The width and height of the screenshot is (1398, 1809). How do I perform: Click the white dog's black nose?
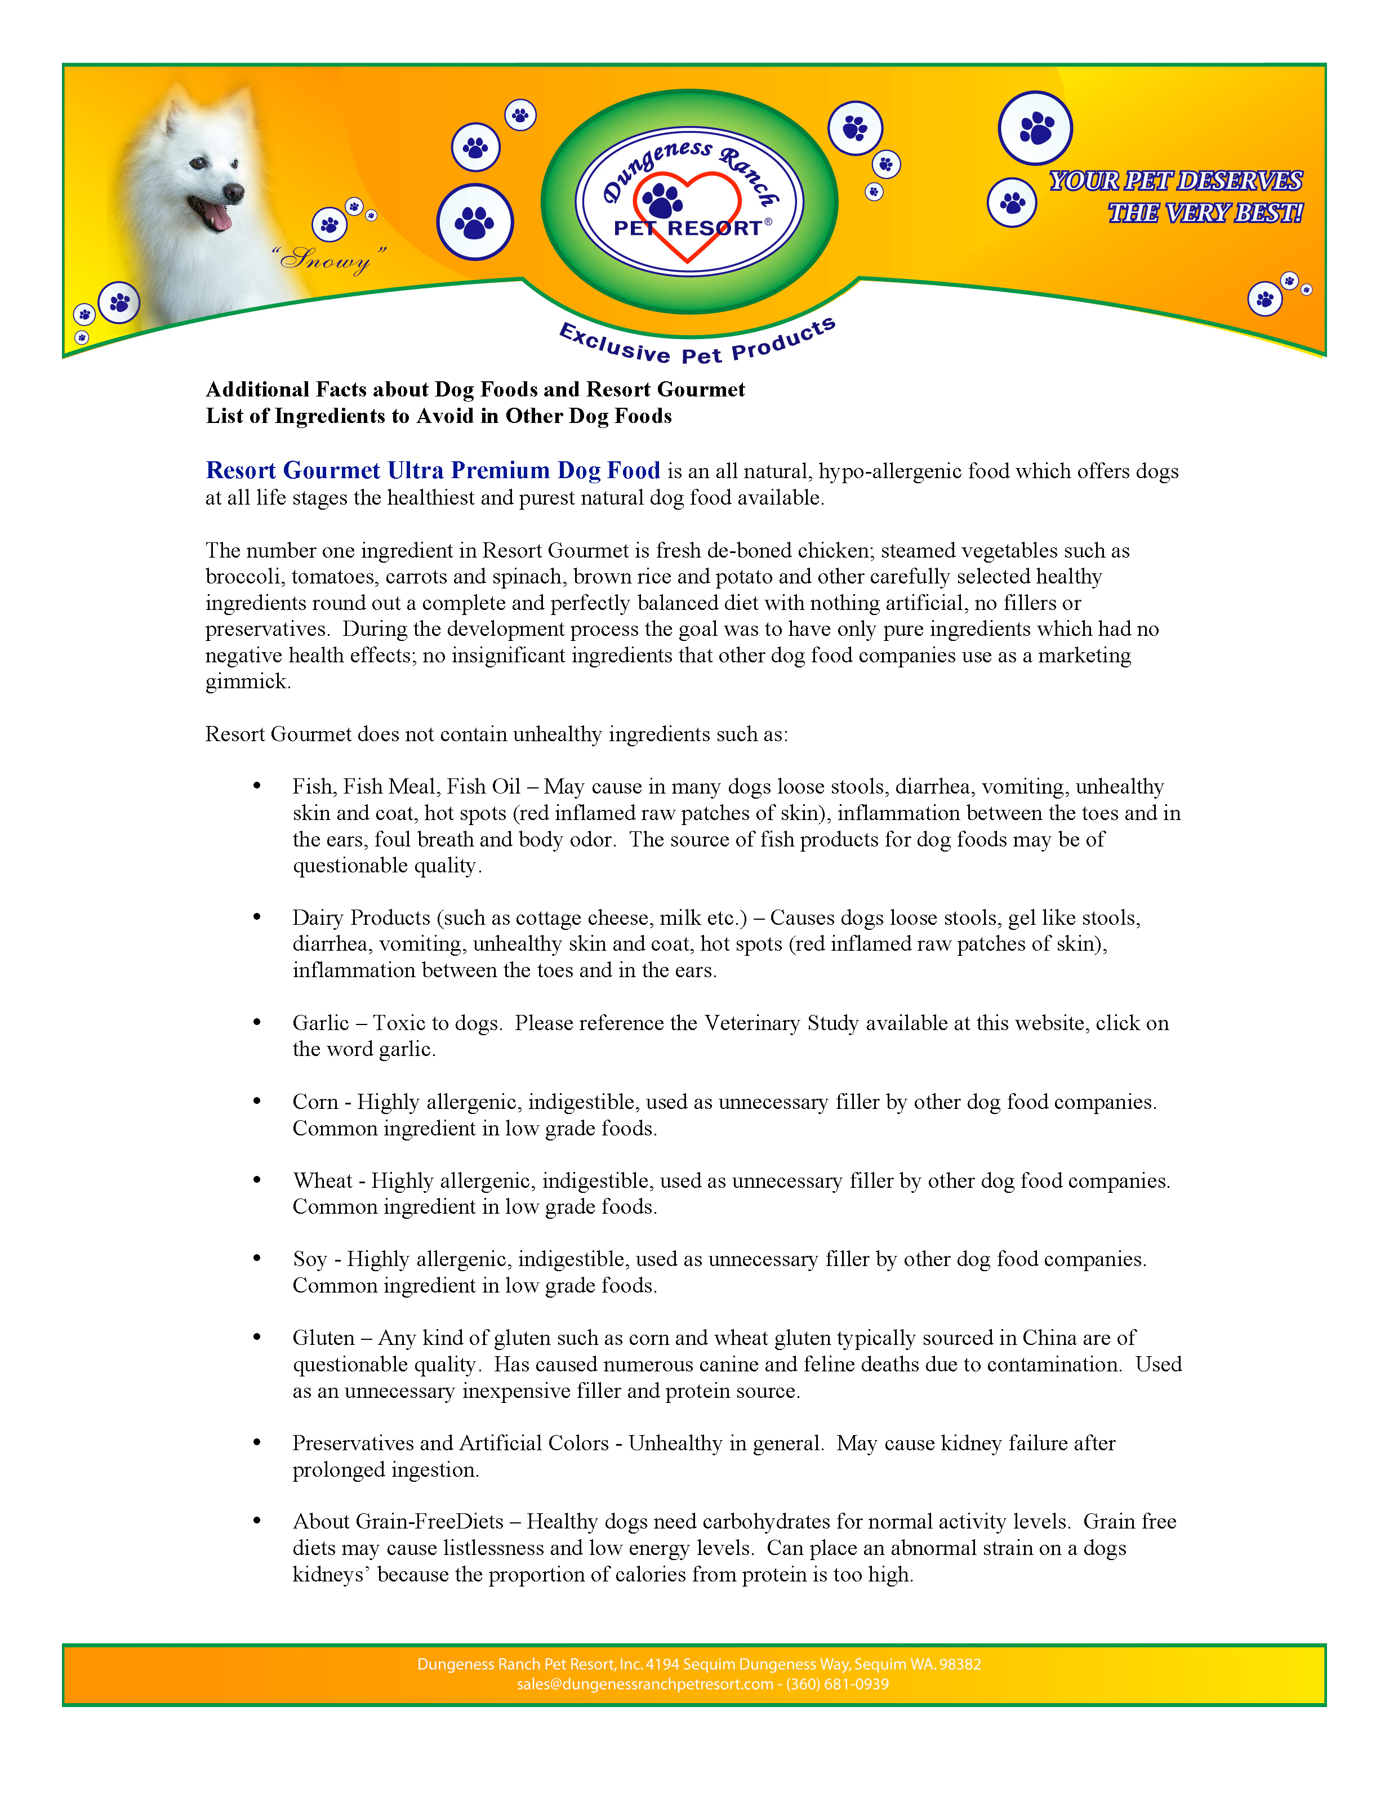coord(234,193)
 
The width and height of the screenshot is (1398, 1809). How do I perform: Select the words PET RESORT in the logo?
coord(687,229)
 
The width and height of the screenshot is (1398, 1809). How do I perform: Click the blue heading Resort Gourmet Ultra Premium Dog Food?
coord(433,470)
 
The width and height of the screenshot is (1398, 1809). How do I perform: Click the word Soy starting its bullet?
coord(310,1259)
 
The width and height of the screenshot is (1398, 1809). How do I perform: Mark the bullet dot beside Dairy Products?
coord(257,916)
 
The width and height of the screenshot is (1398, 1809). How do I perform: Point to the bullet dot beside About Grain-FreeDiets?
coord(257,1520)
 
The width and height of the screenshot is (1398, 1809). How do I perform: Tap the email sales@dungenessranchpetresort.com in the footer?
coord(644,1684)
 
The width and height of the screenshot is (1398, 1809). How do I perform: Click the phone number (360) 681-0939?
coord(838,1684)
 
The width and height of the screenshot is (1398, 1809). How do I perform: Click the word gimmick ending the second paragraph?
coord(247,681)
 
